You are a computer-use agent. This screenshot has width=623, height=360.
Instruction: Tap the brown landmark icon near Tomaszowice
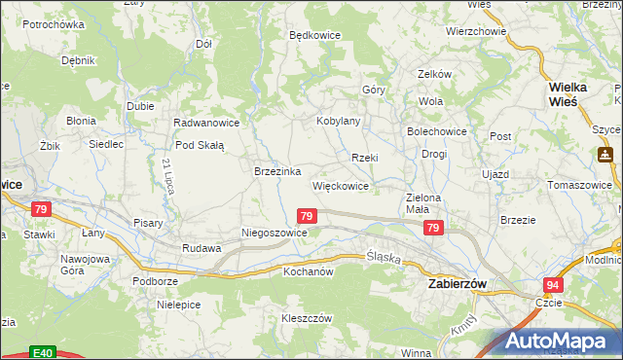(x=605, y=154)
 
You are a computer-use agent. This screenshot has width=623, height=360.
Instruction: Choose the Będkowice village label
(x=315, y=35)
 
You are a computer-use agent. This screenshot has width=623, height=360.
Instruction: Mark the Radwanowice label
(x=205, y=124)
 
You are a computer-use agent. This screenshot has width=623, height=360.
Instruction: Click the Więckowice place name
(x=340, y=185)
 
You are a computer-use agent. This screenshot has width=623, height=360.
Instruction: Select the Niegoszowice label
(x=275, y=234)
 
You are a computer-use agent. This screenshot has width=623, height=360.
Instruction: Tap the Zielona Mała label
(x=424, y=203)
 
